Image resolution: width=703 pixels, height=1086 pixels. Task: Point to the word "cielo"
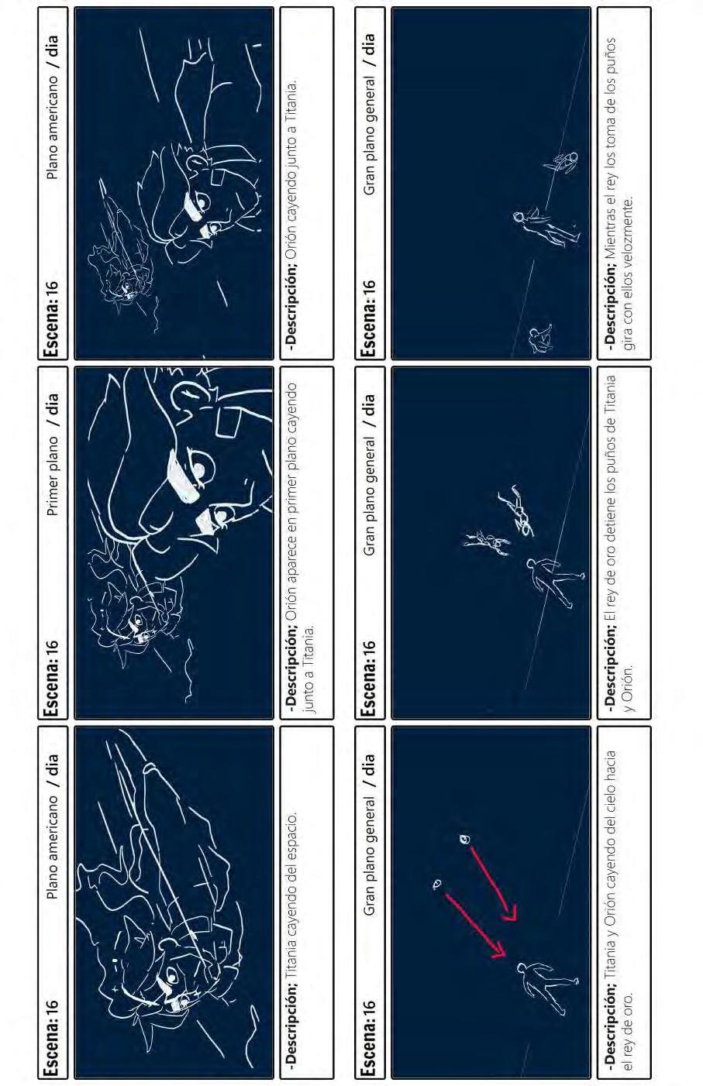click(x=610, y=841)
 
